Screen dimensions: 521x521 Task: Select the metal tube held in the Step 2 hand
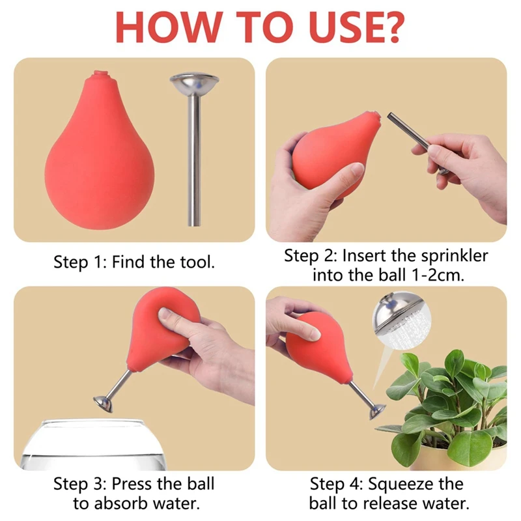pos(417,143)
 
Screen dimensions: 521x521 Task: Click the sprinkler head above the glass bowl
pos(104,403)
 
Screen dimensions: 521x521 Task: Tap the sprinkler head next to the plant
pos(377,412)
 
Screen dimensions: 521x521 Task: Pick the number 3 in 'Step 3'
pos(98,484)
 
